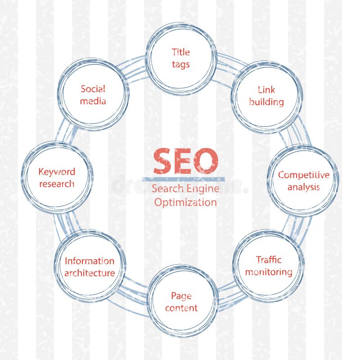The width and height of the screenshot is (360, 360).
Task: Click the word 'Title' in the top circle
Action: point(181,52)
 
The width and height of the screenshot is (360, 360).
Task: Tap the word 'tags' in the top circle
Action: point(181,64)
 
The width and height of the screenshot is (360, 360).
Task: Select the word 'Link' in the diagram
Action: point(266,90)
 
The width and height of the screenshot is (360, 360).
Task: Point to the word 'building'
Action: point(266,102)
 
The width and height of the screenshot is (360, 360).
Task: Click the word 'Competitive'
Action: point(303,175)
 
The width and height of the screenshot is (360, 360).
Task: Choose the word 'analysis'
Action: point(303,187)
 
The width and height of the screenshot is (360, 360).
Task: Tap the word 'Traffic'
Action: point(269,260)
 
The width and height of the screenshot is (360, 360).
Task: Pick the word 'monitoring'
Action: point(269,272)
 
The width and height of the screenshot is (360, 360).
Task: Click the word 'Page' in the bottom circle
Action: point(181,296)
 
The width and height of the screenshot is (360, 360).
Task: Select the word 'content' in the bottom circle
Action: point(181,308)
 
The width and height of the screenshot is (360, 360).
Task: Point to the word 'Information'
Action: point(90,261)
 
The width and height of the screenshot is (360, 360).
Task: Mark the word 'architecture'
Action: point(90,273)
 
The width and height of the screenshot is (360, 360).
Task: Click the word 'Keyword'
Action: point(57,171)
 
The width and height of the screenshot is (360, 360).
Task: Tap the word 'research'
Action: point(57,184)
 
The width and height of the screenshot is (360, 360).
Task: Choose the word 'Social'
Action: point(93,89)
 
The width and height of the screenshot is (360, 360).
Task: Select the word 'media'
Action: point(93,101)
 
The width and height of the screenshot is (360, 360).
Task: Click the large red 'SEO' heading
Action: point(185,162)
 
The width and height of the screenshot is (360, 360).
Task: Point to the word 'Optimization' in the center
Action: point(185,202)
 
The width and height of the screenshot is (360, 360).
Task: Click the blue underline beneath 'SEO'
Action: point(184,179)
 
